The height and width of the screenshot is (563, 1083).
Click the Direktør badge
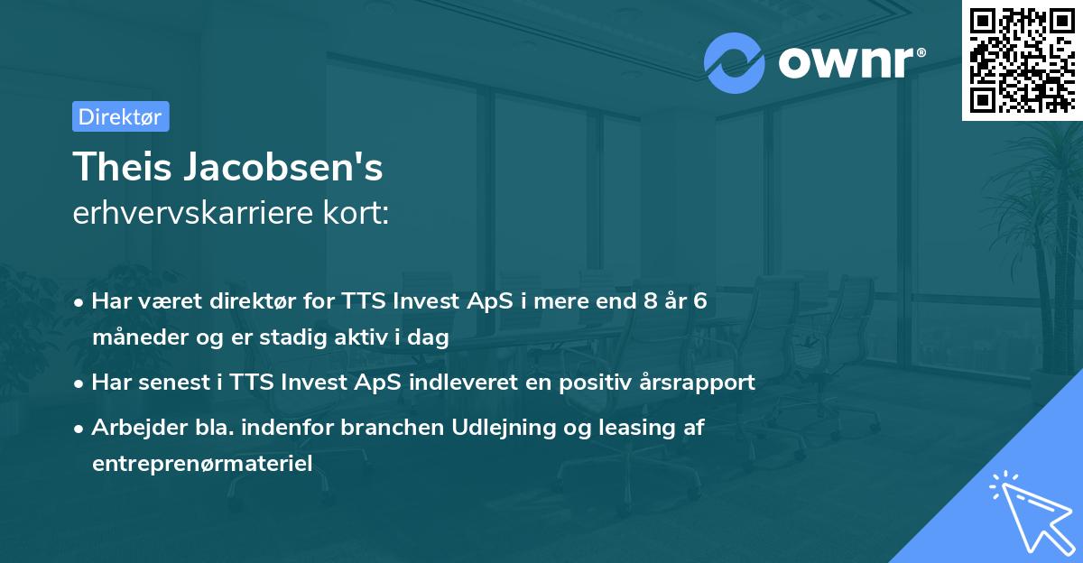click(x=120, y=116)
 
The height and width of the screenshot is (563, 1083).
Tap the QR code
click(x=1022, y=60)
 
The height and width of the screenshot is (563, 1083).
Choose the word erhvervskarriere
click(x=193, y=214)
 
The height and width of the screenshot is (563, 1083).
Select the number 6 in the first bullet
click(x=699, y=301)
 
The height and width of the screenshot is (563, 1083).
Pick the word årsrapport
click(x=697, y=383)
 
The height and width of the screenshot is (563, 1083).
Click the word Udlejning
click(x=499, y=428)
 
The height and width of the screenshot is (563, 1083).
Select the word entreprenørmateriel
click(x=201, y=464)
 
